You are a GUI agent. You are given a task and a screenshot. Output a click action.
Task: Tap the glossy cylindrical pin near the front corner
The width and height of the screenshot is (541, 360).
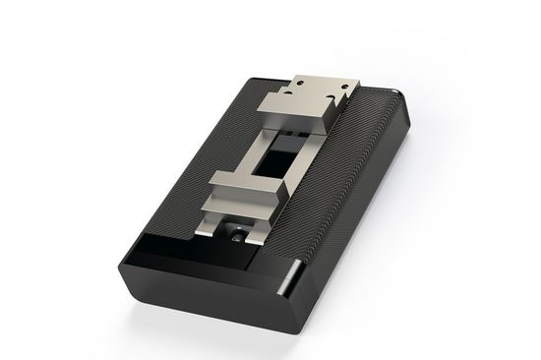tap(289, 279)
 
